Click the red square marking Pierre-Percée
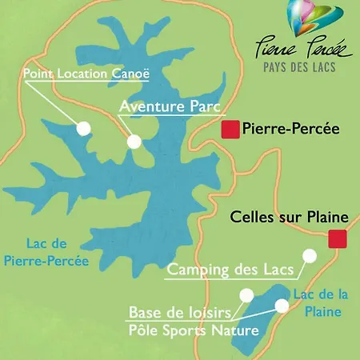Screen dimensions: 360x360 pyautogui.click(x=230, y=129)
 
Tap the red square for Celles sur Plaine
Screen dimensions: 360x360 pyautogui.click(x=336, y=238)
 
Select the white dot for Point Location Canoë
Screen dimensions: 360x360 pyautogui.click(x=82, y=127)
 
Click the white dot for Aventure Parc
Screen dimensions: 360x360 pyautogui.click(x=134, y=141)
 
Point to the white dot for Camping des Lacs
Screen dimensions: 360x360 pyautogui.click(x=310, y=255)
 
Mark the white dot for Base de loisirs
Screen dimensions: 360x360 pyautogui.click(x=282, y=305)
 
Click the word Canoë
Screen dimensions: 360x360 pyautogui.click(x=132, y=74)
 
